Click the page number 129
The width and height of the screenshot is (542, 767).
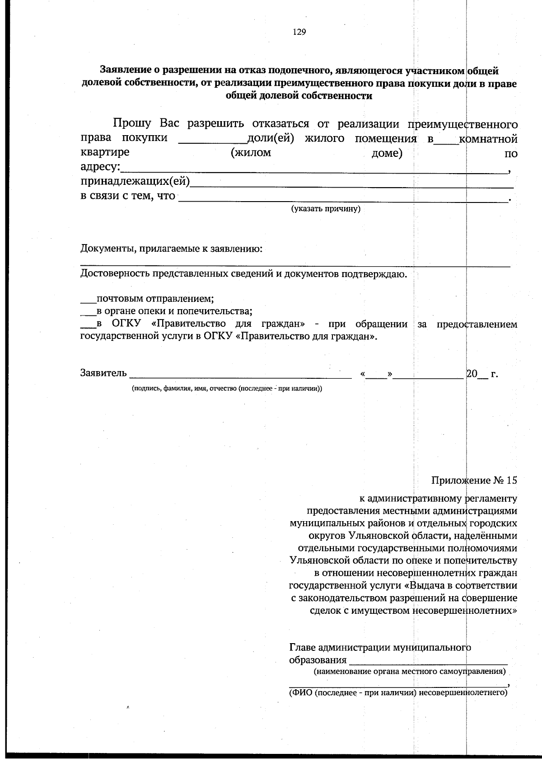pos(299,32)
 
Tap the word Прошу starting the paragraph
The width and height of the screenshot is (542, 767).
pos(132,123)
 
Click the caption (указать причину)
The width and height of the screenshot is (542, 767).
pos(325,209)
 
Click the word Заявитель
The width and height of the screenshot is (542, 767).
pos(103,373)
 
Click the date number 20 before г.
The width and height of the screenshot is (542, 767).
pos(472,373)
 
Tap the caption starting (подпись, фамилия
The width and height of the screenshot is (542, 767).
pos(227,388)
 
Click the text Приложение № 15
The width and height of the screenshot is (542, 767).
pos(474,480)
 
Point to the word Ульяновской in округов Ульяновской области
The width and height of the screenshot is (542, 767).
pos(376,535)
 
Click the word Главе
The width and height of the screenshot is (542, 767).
pos(302,647)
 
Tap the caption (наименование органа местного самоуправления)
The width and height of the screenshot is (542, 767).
pos(410,671)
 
